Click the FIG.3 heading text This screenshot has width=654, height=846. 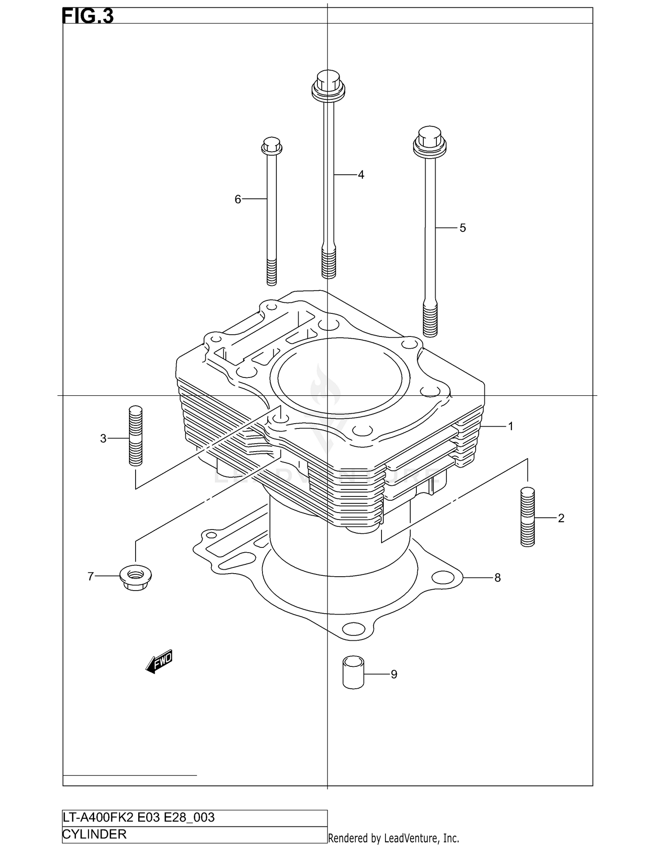(88, 16)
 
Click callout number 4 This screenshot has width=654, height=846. (361, 175)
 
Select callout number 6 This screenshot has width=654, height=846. (238, 199)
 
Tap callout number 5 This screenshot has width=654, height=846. (463, 228)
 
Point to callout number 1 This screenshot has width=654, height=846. (511, 426)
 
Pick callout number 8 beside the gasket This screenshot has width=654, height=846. (497, 578)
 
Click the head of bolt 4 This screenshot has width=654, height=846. (328, 85)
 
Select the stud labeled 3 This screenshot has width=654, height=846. (136, 435)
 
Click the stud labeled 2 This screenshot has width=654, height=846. (528, 517)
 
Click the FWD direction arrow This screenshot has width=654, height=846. (160, 662)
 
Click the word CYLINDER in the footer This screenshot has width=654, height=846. (95, 834)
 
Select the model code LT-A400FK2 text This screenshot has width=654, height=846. (99, 817)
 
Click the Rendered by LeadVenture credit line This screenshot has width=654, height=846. (393, 838)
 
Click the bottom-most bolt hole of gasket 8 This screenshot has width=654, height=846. (354, 629)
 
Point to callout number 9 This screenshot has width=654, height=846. (394, 674)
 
